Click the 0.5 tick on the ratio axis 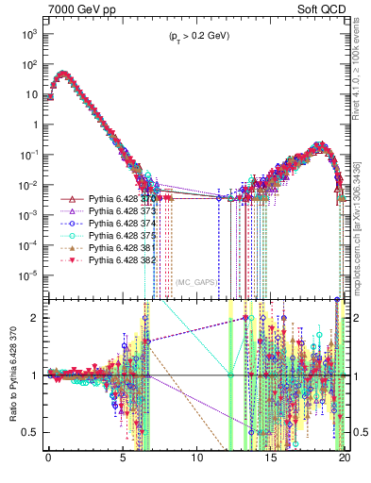pos(33,433)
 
